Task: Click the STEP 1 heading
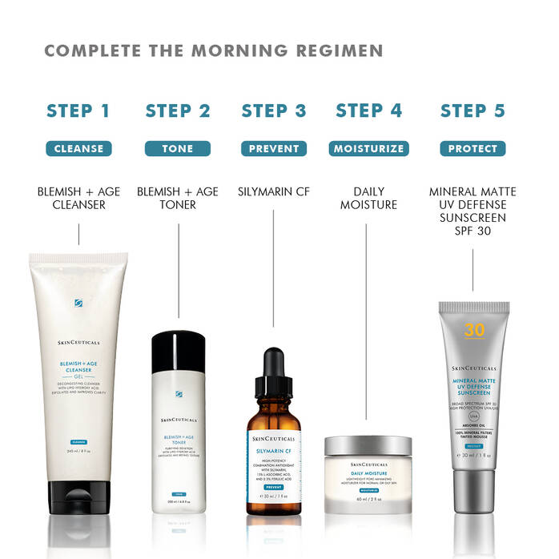(78, 111)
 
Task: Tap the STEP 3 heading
(274, 111)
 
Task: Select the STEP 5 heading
(473, 111)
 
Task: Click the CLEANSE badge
(78, 148)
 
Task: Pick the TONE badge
(177, 148)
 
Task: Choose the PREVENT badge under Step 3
(274, 148)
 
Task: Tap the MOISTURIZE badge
(368, 148)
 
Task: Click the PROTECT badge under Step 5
(473, 148)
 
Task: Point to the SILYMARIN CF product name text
(274, 192)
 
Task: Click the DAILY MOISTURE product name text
(368, 199)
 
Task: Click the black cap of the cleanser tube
(78, 498)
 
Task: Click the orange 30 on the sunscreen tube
(474, 329)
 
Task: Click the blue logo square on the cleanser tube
(78, 303)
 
